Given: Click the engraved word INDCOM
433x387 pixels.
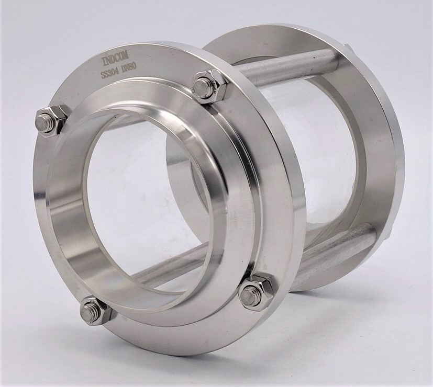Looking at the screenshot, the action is click(x=113, y=61).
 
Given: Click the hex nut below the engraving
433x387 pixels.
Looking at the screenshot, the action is click(x=210, y=87).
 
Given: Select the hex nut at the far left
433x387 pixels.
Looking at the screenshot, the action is click(x=52, y=121).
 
